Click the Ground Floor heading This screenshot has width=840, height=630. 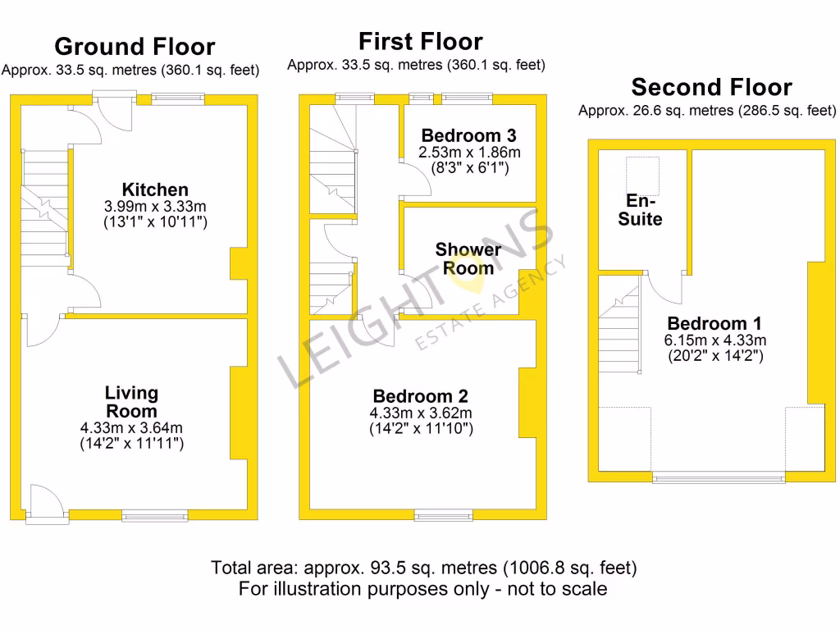[x=135, y=47]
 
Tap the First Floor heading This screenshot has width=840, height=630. [x=420, y=41]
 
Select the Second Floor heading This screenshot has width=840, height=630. [x=711, y=87]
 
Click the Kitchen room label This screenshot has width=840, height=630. [x=155, y=190]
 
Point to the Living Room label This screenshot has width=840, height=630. [x=131, y=402]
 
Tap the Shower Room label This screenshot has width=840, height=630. [x=468, y=258]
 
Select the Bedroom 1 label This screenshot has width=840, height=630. [x=714, y=323]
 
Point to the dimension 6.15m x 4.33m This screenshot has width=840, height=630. [x=714, y=340]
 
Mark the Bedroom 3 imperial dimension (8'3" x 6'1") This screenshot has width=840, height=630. [x=470, y=168]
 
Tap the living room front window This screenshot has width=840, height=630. [x=155, y=516]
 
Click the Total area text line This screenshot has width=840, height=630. [x=423, y=568]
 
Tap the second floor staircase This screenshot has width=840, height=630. [x=619, y=328]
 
